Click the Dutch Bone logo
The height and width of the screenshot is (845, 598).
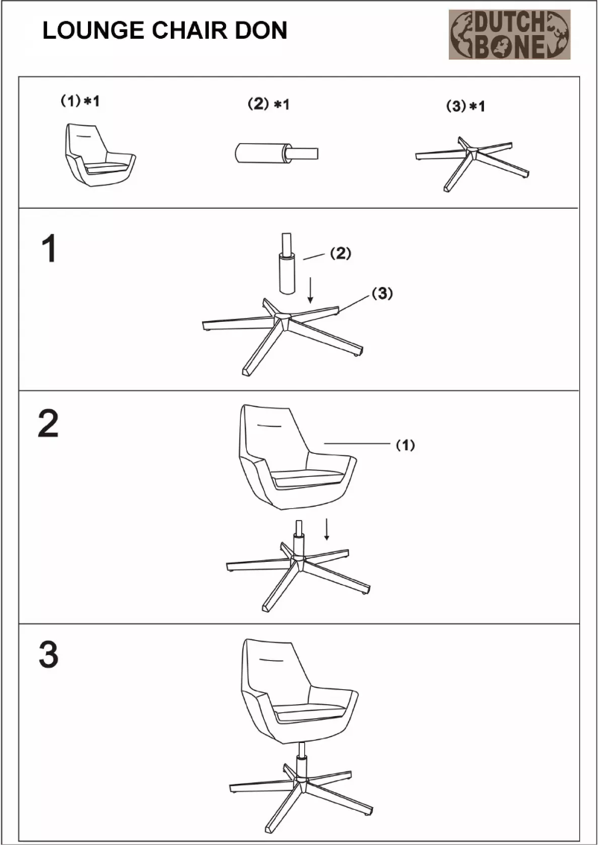(x=509, y=34)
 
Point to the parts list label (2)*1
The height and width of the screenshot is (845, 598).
(x=268, y=105)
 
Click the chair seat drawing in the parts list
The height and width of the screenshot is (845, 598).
(x=99, y=154)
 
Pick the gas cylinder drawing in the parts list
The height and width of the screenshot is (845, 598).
(x=274, y=154)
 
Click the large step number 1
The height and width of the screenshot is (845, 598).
(x=48, y=249)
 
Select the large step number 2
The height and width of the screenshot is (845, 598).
(x=48, y=423)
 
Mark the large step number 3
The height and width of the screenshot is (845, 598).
(x=48, y=655)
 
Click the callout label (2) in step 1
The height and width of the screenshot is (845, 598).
(x=339, y=254)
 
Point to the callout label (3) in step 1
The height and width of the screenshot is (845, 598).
(x=380, y=294)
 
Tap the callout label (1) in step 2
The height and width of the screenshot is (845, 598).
(x=404, y=445)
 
